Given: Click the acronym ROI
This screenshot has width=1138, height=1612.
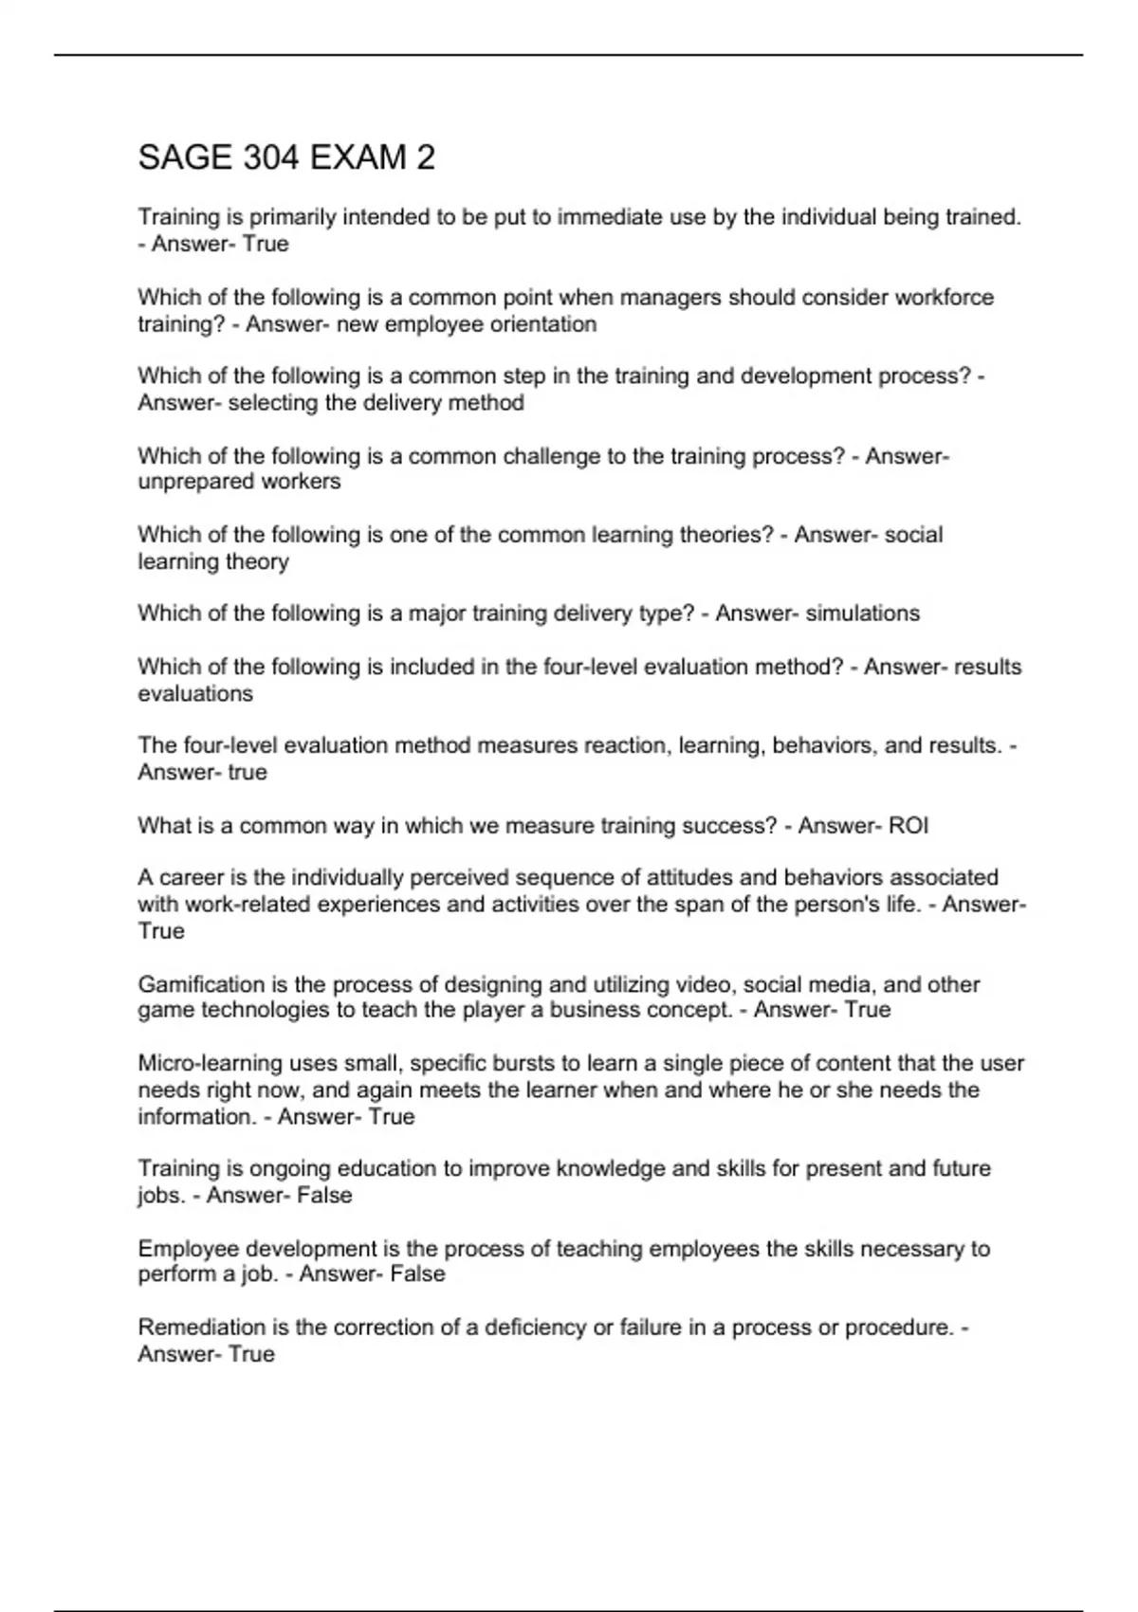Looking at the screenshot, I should tap(909, 826).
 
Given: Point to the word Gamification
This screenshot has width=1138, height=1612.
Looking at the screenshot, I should tap(201, 984).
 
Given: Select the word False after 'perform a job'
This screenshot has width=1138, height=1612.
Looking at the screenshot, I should tap(417, 1274).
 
